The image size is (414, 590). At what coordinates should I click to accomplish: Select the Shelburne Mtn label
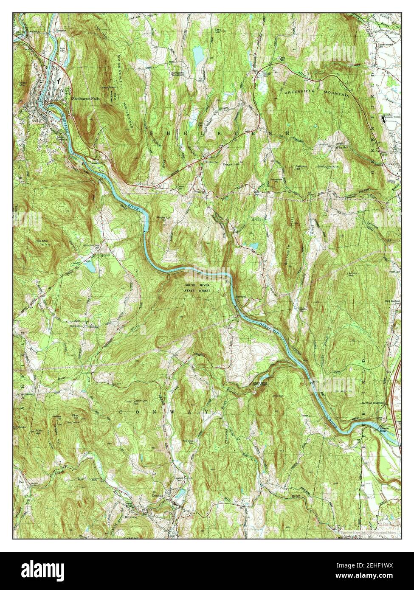coord(327,166)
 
